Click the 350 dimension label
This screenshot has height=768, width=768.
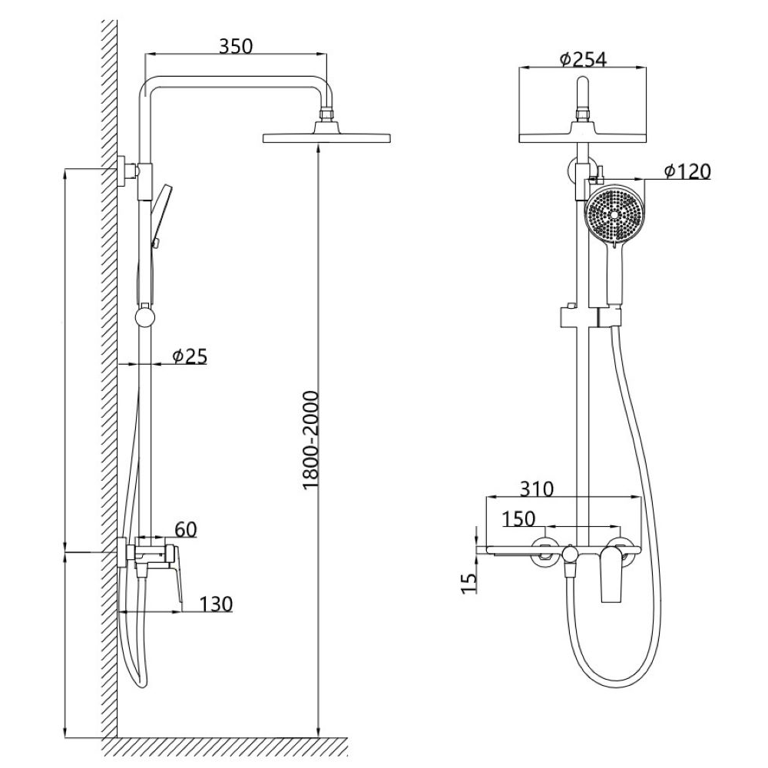236,46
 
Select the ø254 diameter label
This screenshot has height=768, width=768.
583,59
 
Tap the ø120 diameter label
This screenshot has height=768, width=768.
687,171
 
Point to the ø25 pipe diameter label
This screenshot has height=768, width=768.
190,356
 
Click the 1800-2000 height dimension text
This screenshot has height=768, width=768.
310,439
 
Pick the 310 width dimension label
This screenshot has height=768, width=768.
536,488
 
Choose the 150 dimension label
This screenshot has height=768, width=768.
519,518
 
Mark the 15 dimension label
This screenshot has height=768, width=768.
469,583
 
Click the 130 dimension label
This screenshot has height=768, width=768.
216,604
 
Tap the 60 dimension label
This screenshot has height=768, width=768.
186,529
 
